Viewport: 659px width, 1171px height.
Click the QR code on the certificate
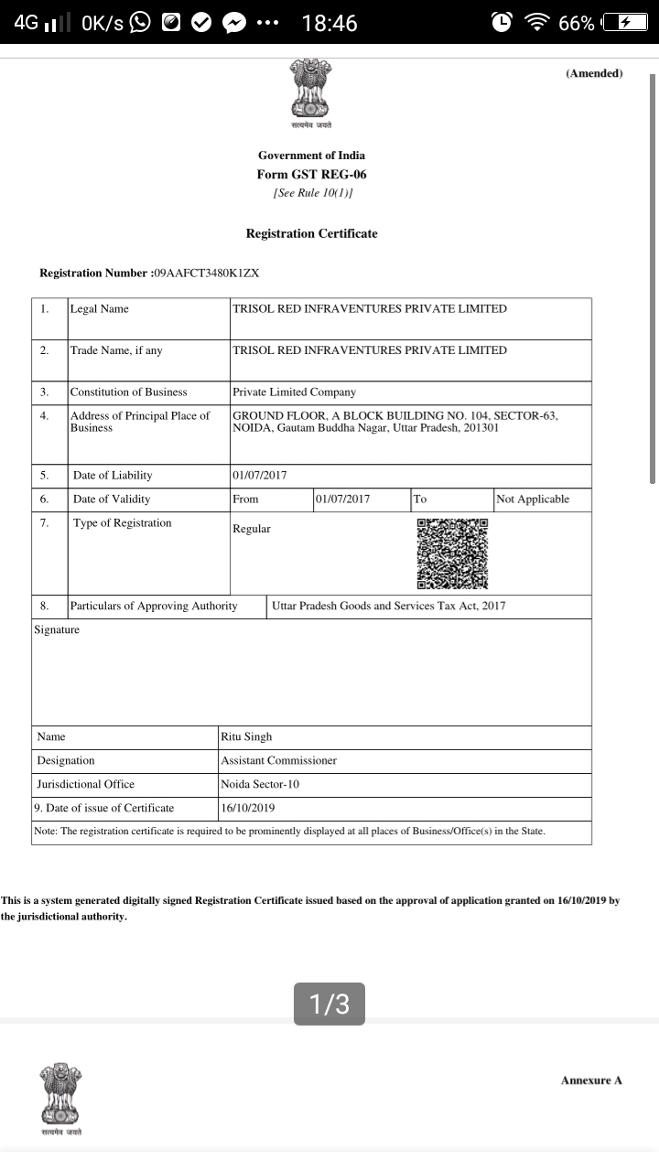coord(452,554)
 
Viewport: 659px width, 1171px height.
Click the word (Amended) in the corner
coord(594,73)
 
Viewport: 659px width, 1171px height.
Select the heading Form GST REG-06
coord(311,174)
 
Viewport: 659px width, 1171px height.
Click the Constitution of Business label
coord(128,392)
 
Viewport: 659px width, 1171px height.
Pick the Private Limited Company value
coord(294,392)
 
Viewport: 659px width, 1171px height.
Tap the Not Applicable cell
coord(532,499)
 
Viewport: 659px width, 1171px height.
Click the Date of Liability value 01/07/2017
coord(260,475)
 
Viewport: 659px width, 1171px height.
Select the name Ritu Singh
coord(246,736)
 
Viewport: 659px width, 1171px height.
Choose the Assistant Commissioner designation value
coord(278,760)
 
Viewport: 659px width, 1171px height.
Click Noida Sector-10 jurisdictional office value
coord(260,784)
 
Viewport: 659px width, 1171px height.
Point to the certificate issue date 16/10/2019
coord(247,808)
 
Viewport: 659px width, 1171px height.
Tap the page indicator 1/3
coord(329,1004)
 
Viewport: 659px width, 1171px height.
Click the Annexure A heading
coord(591,1080)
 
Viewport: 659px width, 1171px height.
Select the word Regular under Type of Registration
coord(252,529)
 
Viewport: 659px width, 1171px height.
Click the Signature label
coord(57,629)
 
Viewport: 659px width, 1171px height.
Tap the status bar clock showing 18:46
coord(329,23)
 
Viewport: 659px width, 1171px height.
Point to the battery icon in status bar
coord(632,23)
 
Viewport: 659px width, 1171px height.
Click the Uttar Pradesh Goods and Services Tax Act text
coord(388,606)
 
